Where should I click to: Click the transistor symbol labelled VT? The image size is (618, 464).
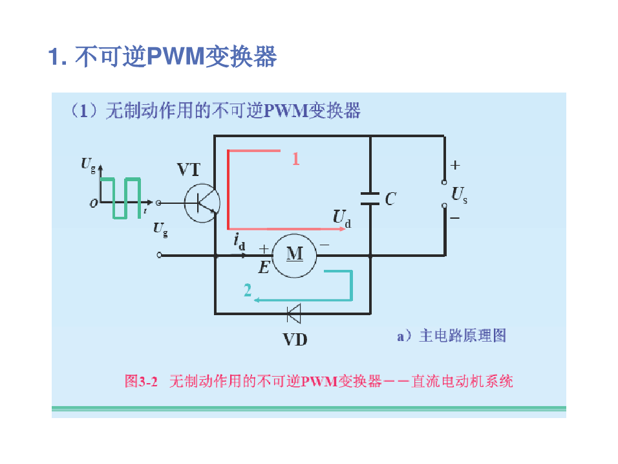point(202,203)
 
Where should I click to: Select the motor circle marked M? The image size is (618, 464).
point(294,254)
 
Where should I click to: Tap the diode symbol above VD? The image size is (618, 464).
point(294,314)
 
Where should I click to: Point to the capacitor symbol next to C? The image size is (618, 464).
point(370,199)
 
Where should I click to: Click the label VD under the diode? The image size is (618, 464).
point(295,338)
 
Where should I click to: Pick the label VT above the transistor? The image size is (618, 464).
point(189,170)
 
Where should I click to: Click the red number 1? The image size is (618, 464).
point(295,159)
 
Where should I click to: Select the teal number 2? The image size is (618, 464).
point(248,291)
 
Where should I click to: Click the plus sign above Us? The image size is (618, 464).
point(455,166)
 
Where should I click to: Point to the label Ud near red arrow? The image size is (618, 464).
point(342,218)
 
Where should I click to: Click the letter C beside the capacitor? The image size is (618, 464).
point(390,199)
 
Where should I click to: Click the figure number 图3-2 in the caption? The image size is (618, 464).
point(141,381)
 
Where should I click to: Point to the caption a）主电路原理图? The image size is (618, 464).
point(451,335)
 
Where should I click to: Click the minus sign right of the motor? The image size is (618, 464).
point(325,245)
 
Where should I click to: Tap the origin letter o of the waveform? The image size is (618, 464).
point(94,203)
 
